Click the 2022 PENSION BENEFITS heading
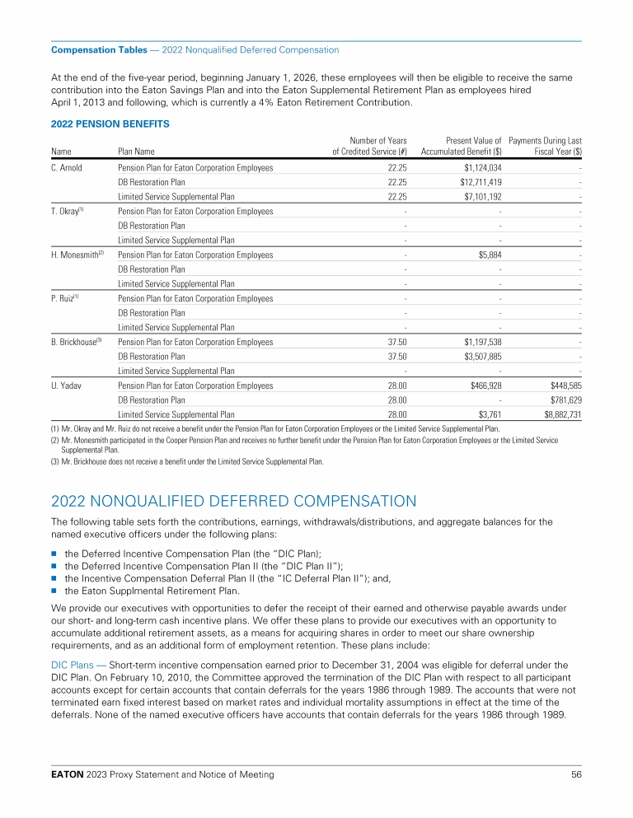pos(110,124)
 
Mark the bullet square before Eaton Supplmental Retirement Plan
pos(54,590)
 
